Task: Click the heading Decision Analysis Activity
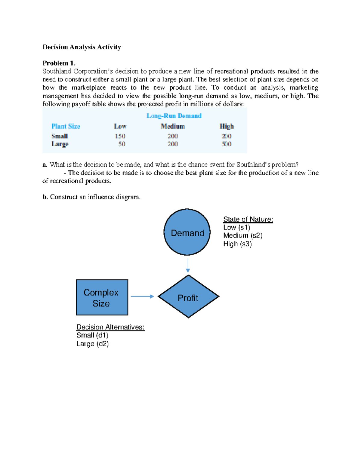pyautogui.click(x=82, y=47)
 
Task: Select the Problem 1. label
pyautogui.click(x=59, y=63)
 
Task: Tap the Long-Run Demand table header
pyautogui.click(x=174, y=116)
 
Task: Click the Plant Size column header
pyautogui.click(x=66, y=126)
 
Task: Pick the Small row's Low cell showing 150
pyautogui.click(x=120, y=136)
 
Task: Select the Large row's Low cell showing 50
pyautogui.click(x=122, y=144)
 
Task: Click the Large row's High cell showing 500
pyautogui.click(x=226, y=144)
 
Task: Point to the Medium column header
pyautogui.click(x=173, y=126)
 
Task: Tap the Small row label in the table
pyautogui.click(x=60, y=136)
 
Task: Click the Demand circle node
pyautogui.click(x=187, y=232)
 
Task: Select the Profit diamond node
pyautogui.click(x=188, y=297)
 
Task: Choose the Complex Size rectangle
pyautogui.click(x=102, y=297)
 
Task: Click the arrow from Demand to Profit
pyautogui.click(x=188, y=265)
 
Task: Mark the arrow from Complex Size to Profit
pyautogui.click(x=142, y=296)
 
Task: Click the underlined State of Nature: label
pyautogui.click(x=248, y=219)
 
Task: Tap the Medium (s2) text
pyautogui.click(x=242, y=235)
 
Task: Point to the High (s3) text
pyautogui.click(x=237, y=244)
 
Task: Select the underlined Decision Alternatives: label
pyautogui.click(x=110, y=327)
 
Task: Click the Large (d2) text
pyautogui.click(x=92, y=344)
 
